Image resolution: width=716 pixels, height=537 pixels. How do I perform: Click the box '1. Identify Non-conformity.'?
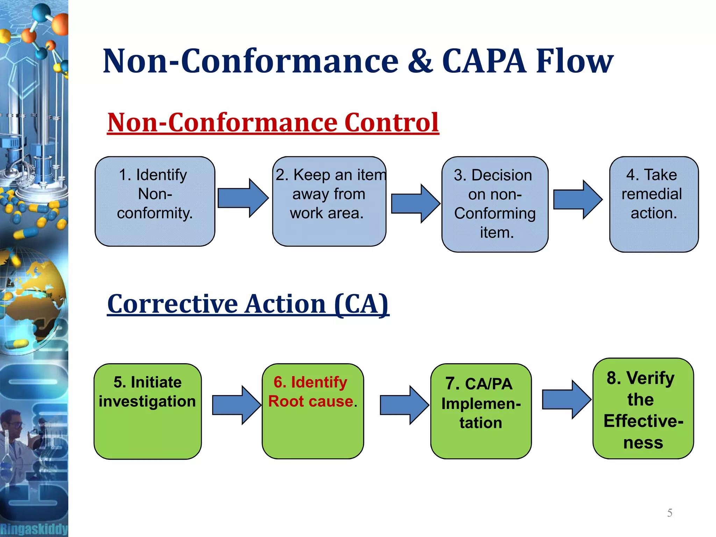[x=155, y=201]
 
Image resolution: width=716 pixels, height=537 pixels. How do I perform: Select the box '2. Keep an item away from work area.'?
[x=329, y=201]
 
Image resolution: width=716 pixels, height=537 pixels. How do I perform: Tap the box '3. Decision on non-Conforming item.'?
[x=495, y=204]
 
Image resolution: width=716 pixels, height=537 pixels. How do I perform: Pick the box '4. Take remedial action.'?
[x=653, y=204]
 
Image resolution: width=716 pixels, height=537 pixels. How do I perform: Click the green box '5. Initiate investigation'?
[x=148, y=411]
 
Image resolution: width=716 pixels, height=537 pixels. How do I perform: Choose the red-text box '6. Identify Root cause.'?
[x=313, y=411]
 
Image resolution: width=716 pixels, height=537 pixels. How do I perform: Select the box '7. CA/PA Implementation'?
[x=481, y=411]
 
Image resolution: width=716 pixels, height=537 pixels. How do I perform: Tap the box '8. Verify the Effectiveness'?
[x=643, y=408]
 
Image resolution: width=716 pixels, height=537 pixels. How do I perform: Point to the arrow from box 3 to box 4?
[x=578, y=200]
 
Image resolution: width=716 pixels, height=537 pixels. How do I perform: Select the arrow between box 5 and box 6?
[x=236, y=405]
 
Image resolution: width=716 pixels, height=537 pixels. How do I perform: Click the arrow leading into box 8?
[x=566, y=400]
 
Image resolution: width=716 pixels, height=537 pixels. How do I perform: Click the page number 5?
[x=670, y=513]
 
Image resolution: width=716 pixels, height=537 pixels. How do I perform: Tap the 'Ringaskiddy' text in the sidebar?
[x=34, y=529]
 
